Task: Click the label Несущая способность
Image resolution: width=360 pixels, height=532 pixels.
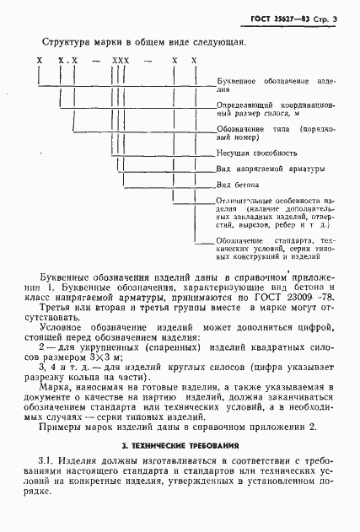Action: pyautogui.click(x=256, y=153)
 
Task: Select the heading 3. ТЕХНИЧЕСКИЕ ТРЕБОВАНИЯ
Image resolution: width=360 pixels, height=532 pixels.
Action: pyautogui.click(x=179, y=444)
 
